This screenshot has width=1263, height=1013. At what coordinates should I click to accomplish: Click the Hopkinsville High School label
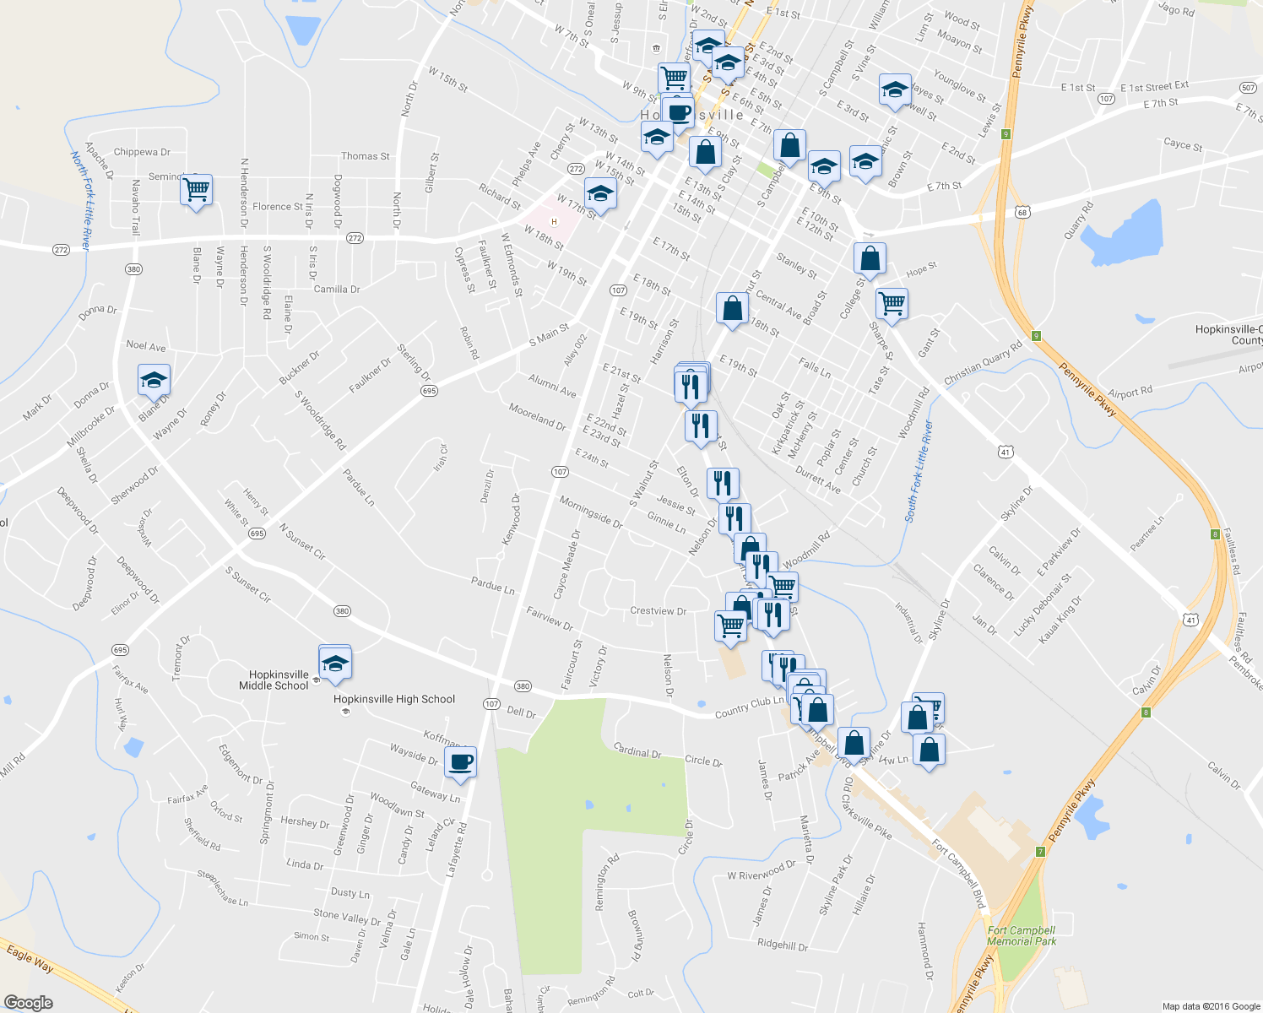[x=393, y=699]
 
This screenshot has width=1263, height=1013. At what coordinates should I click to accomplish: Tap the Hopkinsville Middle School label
[x=279, y=680]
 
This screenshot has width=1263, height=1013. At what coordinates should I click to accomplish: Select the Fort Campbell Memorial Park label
[x=1022, y=935]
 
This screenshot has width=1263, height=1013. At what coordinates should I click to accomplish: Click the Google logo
[x=28, y=1003]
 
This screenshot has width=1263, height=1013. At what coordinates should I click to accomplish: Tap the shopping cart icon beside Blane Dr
[x=196, y=192]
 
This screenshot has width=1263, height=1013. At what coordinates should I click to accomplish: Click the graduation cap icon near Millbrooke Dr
[x=154, y=381]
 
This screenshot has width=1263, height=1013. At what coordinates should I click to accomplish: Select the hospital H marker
[x=555, y=222]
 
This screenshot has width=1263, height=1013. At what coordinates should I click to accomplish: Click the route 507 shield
[x=1249, y=88]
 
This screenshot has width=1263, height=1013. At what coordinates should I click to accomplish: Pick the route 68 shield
[x=1023, y=212]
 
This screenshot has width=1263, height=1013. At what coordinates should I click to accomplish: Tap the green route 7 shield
[x=1041, y=852]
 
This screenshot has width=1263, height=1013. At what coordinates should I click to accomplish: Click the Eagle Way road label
[x=30, y=959]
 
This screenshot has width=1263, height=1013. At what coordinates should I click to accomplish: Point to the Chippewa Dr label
[x=142, y=152]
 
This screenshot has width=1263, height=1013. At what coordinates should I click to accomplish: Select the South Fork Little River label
[x=919, y=471]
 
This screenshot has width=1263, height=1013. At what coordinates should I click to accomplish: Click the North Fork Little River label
[x=80, y=199]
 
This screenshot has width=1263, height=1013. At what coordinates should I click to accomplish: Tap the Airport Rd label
[x=1130, y=393]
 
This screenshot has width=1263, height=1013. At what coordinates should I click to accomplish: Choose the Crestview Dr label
[x=658, y=611]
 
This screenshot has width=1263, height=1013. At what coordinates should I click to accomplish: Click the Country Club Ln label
[x=749, y=706]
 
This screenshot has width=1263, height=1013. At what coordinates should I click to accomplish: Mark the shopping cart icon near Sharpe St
[x=892, y=302]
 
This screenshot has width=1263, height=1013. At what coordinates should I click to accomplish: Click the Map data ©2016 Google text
[x=1211, y=1006]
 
